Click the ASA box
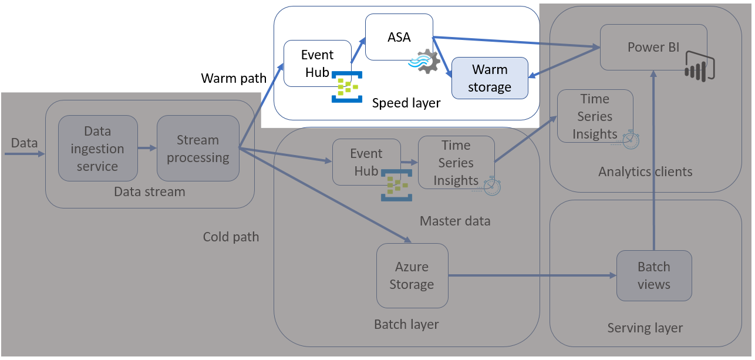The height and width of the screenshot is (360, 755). pos(399,36)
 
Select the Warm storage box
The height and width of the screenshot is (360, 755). pos(490,78)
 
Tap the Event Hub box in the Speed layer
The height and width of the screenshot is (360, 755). pos(317,63)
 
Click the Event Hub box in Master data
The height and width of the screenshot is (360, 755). pos(366,162)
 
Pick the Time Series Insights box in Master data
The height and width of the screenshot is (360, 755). pos(456,163)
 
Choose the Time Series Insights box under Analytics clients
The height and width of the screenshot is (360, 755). pos(595,116)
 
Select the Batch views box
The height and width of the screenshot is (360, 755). pos(653,275)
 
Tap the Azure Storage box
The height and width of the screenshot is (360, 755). pos(412,275)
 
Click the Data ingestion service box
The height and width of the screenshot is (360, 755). pos(97,148)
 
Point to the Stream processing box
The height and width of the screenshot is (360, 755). pos(198,148)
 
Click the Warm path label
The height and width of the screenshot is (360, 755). pos(233,78)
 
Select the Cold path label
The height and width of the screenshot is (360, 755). pos(231,237)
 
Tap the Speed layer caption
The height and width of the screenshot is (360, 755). pos(406,103)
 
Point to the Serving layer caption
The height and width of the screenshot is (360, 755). pos(645,328)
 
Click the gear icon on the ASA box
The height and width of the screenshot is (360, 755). pos(426,62)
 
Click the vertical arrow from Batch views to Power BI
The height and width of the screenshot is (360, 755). pos(653,159)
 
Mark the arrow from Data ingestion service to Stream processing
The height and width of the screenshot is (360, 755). pos(147,149)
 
